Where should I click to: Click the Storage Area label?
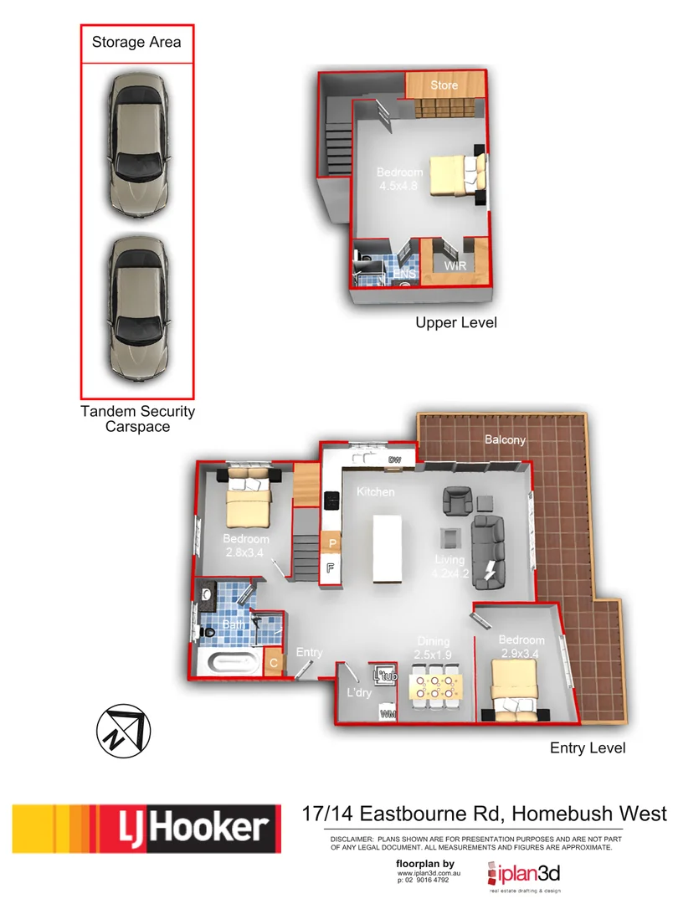136,42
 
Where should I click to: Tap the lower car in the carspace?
137,307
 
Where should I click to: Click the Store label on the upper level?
444,85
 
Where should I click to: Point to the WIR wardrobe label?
455,265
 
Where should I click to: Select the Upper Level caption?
456,322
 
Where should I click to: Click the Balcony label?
505,439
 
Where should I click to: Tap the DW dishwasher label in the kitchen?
394,460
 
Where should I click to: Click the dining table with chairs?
433,686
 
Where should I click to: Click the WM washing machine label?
387,714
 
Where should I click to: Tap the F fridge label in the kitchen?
331,568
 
